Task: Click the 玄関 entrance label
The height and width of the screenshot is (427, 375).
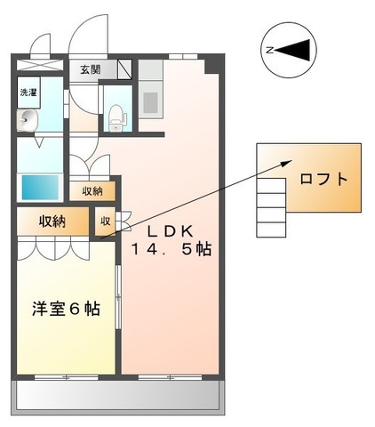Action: pos(91,69)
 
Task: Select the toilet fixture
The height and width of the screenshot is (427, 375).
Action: pos(116,113)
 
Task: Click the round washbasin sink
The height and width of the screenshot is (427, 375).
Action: pos(28,122)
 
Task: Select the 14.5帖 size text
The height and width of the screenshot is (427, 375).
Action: pos(172,249)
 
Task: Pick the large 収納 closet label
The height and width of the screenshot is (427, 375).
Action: pos(52,222)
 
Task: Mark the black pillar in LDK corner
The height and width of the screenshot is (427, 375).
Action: pos(211,65)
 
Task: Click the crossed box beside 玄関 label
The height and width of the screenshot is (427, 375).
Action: pos(124,69)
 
